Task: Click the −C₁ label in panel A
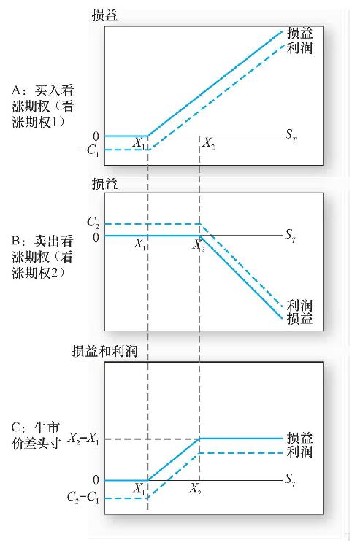(89, 150)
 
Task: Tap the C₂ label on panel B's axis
(93, 223)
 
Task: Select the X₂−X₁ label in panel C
(83, 439)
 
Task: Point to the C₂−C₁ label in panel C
(83, 497)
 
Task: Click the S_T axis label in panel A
(291, 134)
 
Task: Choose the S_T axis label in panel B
(291, 234)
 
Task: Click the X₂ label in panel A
(209, 143)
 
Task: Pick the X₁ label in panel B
(139, 244)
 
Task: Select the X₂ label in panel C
(196, 488)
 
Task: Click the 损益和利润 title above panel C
(104, 351)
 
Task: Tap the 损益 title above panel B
(104, 184)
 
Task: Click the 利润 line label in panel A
(299, 48)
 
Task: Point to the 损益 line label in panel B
(299, 319)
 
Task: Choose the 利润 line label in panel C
(299, 452)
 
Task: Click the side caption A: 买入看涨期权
(43, 107)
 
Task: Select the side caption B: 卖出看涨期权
(42, 258)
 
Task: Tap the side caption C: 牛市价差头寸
(36, 436)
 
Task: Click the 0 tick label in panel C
(96, 480)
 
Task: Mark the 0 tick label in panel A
(96, 136)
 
